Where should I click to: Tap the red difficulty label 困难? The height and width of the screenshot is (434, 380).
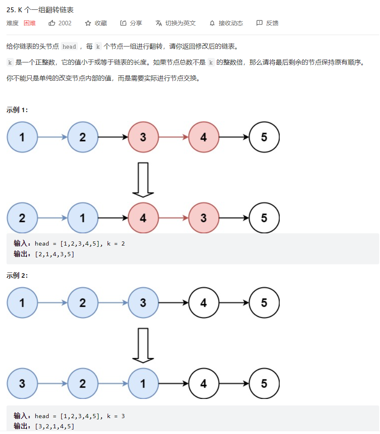30,23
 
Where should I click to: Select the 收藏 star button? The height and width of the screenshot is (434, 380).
96,23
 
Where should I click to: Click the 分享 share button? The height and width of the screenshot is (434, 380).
131,23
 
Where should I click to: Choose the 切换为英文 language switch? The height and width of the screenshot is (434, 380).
176,23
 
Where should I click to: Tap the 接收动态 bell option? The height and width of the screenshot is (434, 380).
226,23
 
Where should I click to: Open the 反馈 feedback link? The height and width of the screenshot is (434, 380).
267,23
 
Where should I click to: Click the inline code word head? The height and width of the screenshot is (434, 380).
69,46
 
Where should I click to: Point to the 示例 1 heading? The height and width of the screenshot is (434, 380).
17,110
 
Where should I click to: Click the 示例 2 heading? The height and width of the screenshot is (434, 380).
17,276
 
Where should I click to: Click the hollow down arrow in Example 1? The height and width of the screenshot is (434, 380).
143,179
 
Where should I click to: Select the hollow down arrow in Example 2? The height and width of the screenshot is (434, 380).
143,345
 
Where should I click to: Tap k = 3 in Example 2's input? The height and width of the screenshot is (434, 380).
116,416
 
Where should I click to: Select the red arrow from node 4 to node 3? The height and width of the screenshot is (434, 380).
173,218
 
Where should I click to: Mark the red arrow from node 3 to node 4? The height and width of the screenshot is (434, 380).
173,137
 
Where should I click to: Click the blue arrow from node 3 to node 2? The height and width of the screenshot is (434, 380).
52,384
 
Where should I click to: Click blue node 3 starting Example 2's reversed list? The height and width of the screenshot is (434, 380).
22,384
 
